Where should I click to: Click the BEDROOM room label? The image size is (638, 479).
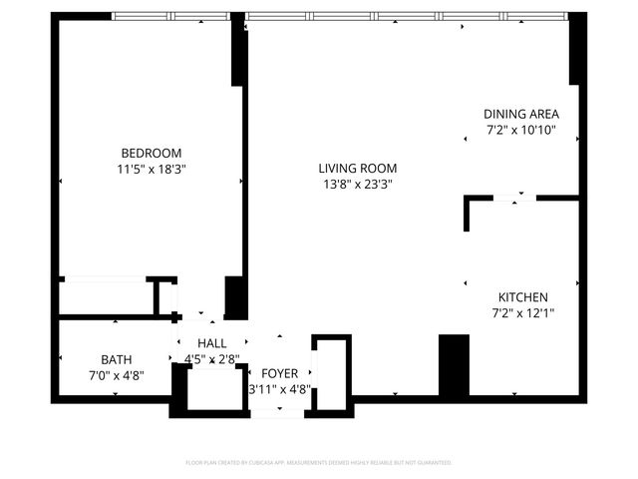pyautogui.click(x=152, y=153)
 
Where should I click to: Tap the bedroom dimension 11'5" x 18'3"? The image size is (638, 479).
pyautogui.click(x=152, y=170)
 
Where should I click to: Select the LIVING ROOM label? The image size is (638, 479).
pyautogui.click(x=358, y=168)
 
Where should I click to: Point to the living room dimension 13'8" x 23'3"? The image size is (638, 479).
pyautogui.click(x=358, y=185)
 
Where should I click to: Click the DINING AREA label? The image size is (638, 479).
pyautogui.click(x=520, y=114)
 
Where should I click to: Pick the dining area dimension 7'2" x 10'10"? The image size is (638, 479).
pyautogui.click(x=520, y=130)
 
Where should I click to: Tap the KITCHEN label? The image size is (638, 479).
pyautogui.click(x=523, y=297)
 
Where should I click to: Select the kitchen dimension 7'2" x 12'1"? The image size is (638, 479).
pyautogui.click(x=523, y=313)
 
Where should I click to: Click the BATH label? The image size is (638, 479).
pyautogui.click(x=116, y=359)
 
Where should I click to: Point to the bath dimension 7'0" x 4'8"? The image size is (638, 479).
pyautogui.click(x=116, y=375)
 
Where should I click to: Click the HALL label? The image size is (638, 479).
pyautogui.click(x=211, y=343)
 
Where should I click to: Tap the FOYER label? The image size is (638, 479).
pyautogui.click(x=279, y=373)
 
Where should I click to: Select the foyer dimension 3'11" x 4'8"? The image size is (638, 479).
pyautogui.click(x=279, y=389)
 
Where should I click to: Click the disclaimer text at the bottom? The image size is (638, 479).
pyautogui.click(x=319, y=463)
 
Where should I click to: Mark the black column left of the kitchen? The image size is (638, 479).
pyautogui.click(x=454, y=365)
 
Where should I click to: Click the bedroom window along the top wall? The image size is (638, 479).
pyautogui.click(x=171, y=16)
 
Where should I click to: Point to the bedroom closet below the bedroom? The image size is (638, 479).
pyautogui.click(x=105, y=297)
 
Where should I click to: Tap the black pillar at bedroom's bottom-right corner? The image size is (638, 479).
pyautogui.click(x=236, y=297)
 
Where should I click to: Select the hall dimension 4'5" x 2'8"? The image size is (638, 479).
pyautogui.click(x=211, y=359)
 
